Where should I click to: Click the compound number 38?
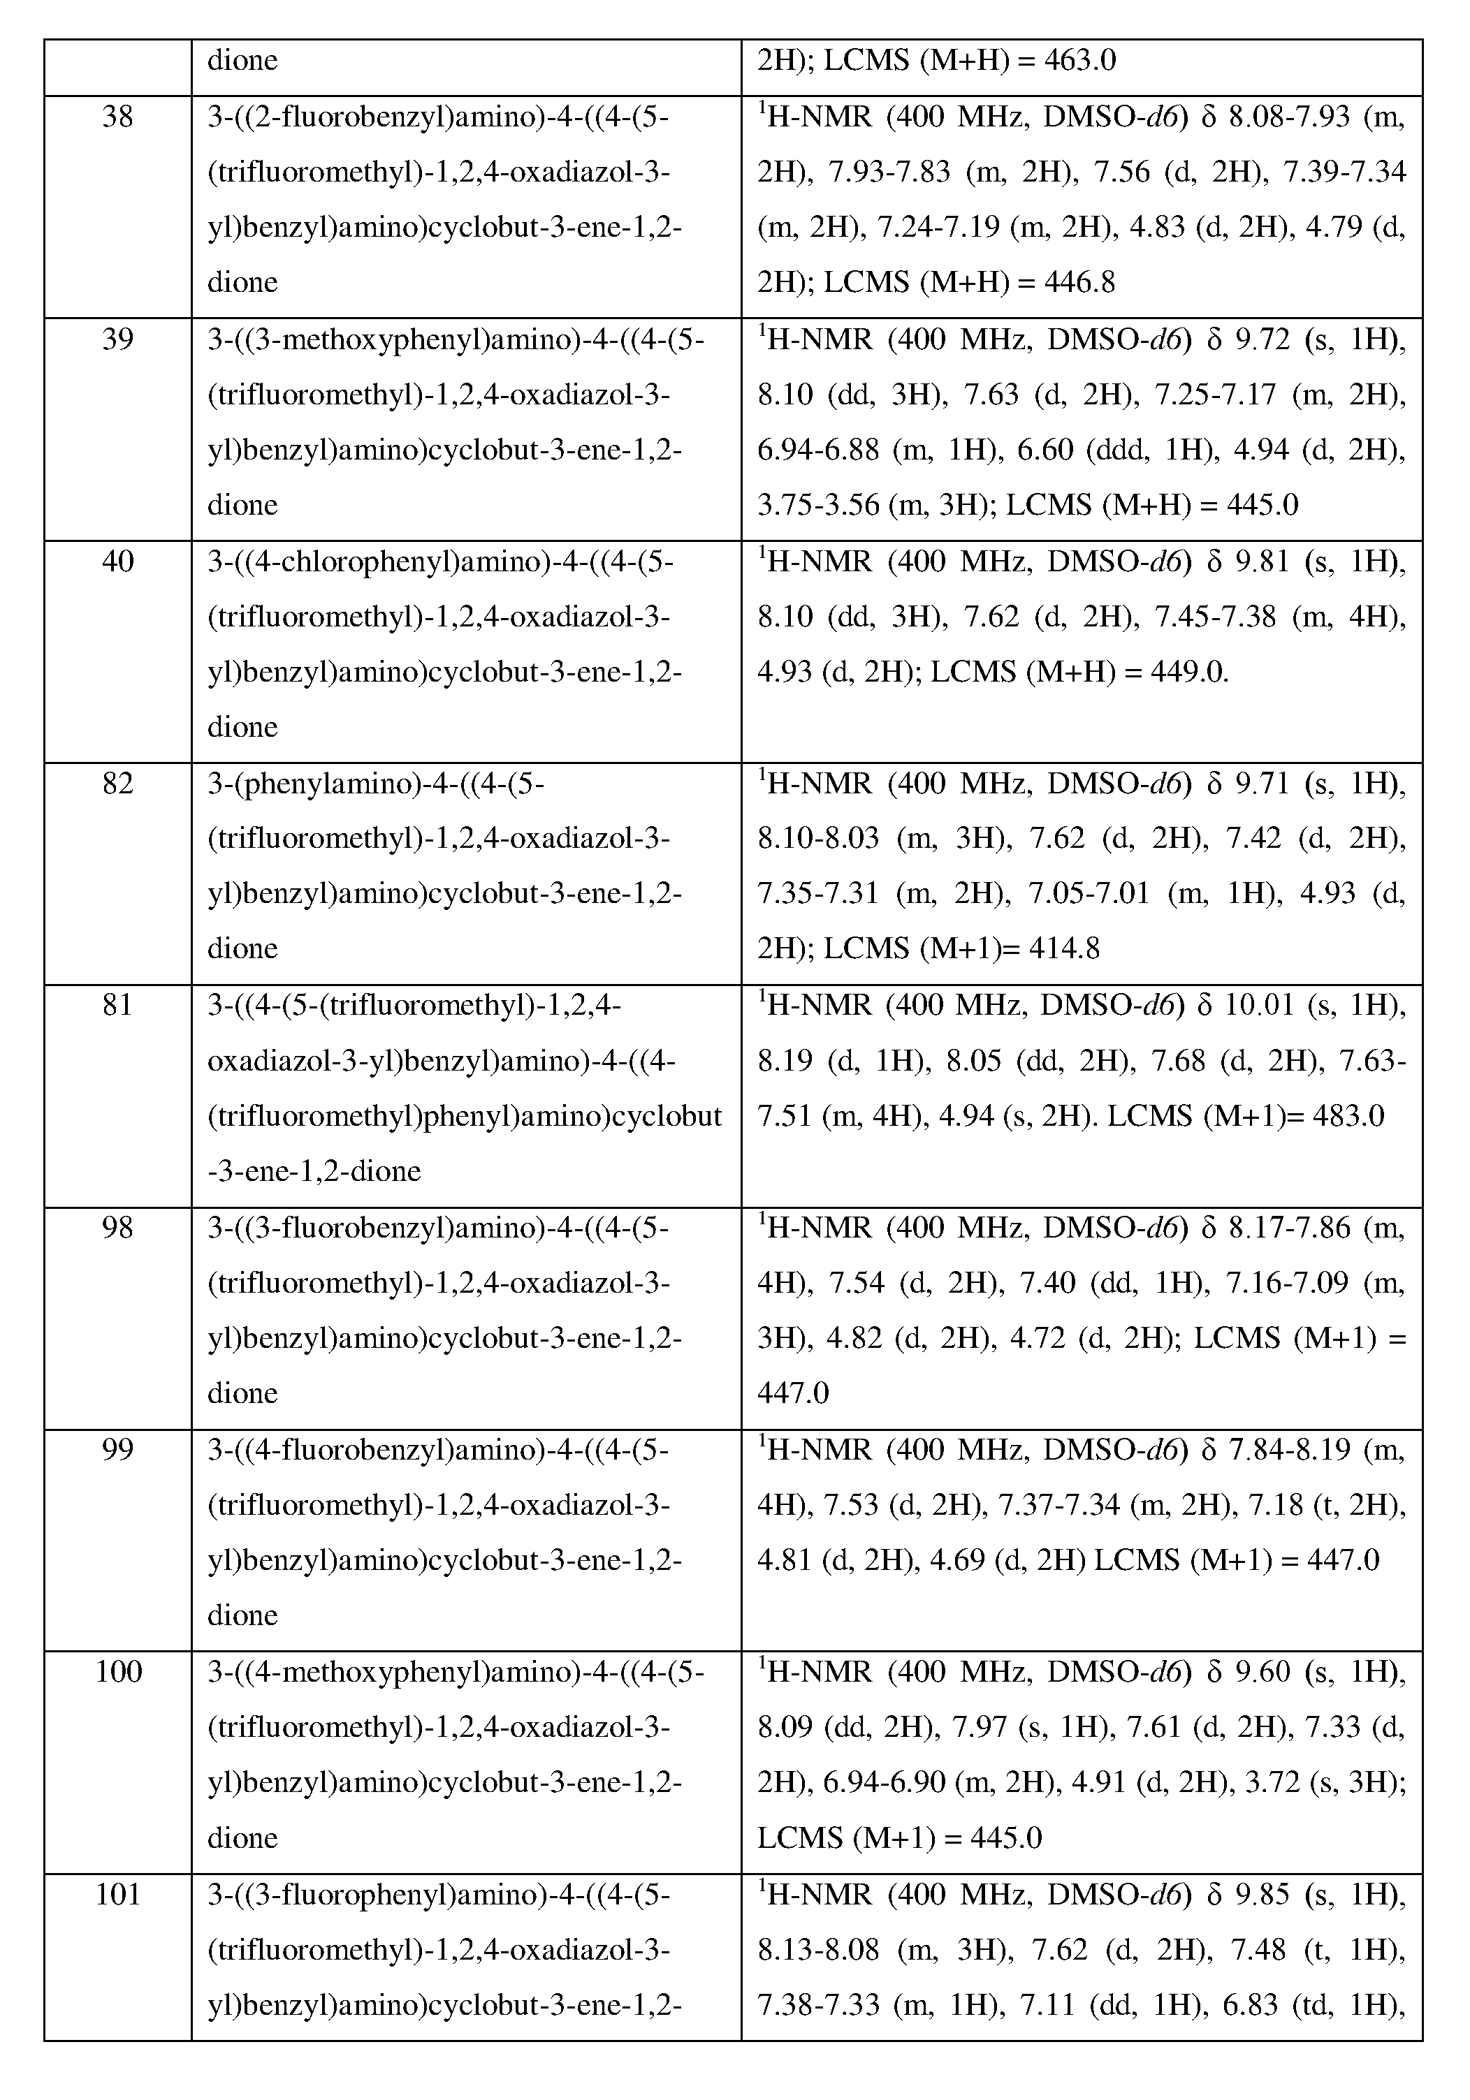[x=118, y=118]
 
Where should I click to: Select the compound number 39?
[x=118, y=340]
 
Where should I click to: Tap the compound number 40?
[x=118, y=561]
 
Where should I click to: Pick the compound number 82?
[x=118, y=784]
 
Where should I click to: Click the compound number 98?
[x=118, y=1228]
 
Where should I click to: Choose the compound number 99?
[x=118, y=1451]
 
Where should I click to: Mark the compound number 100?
[x=118, y=1673]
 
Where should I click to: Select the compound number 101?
[x=118, y=1894]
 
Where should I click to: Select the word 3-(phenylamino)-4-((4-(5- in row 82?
[x=376, y=784]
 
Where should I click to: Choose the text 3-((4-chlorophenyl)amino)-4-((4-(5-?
[x=440, y=561]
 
